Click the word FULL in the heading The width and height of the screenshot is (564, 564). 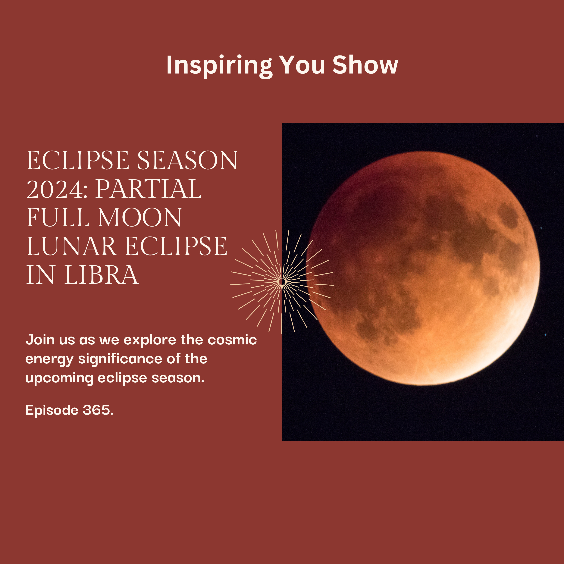coord(58,218)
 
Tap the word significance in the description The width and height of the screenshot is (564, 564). coord(120,359)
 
